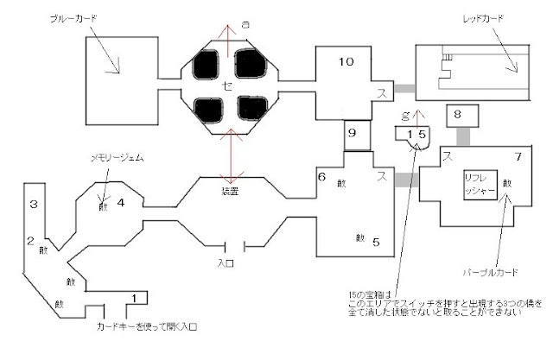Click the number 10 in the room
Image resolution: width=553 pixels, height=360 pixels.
click(x=345, y=61)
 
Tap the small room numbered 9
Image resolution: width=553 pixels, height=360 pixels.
click(x=352, y=134)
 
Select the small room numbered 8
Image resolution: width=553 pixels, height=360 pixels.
click(x=460, y=114)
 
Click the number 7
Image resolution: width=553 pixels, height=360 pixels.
click(x=517, y=156)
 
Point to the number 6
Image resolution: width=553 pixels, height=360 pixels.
click(x=321, y=176)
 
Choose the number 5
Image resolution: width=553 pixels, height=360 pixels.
click(x=376, y=242)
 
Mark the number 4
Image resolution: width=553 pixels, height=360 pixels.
click(x=121, y=204)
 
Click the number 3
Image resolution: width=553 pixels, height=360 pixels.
click(x=32, y=204)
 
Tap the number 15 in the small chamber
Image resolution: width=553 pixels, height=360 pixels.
click(x=416, y=134)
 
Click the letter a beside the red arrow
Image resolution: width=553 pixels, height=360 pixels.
click(x=245, y=27)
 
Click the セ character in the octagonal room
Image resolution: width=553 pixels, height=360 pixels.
click(x=227, y=85)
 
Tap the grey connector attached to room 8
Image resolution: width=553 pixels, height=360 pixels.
click(x=462, y=136)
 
